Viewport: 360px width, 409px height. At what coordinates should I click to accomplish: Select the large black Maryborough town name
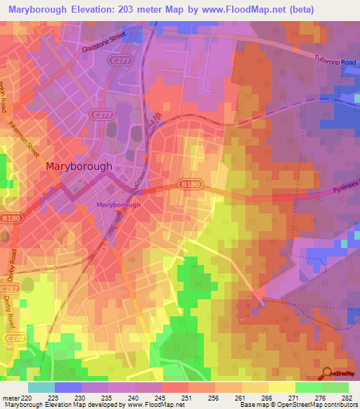coord(79,167)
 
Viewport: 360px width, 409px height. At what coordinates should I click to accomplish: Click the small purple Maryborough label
coord(118,204)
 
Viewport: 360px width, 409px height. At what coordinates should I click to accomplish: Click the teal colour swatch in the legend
coord(41,387)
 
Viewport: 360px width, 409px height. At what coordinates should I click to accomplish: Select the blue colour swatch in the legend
coord(68,387)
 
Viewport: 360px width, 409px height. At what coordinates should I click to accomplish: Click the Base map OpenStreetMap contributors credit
coord(297,405)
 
